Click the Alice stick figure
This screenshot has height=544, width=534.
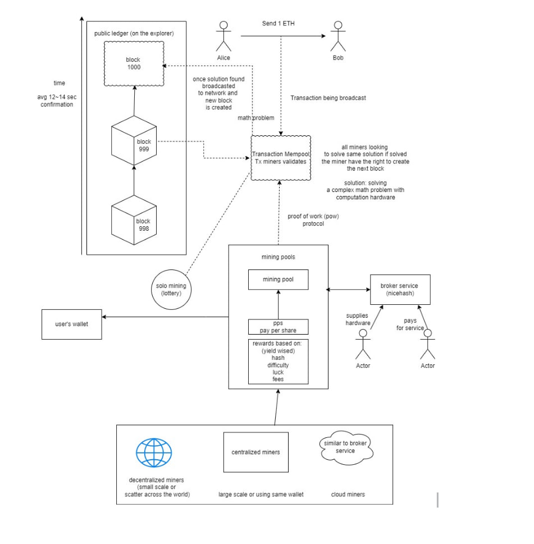[x=223, y=36]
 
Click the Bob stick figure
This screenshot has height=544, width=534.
[x=337, y=36]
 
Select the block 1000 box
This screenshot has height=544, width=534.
[x=134, y=63]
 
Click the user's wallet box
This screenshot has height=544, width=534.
[x=72, y=324]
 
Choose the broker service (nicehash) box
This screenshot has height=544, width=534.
[x=400, y=290]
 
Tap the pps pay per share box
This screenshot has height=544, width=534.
[x=278, y=327]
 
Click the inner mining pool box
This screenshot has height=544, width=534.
[x=278, y=280]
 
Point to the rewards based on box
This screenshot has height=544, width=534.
[x=278, y=362]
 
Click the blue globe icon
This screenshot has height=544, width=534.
[x=154, y=453]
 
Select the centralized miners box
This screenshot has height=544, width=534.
[x=255, y=452]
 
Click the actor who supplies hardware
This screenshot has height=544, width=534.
[x=363, y=344]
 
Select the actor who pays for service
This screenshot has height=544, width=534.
[x=427, y=344]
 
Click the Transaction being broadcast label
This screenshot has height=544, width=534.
[x=328, y=98]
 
